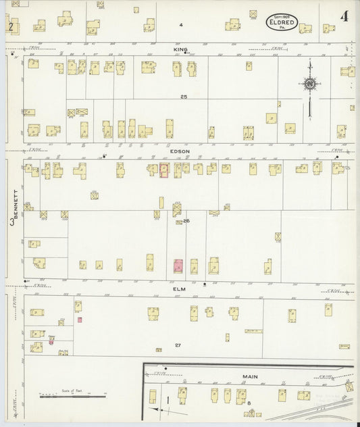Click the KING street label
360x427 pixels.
tap(180, 49)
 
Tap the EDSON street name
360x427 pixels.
tap(180, 151)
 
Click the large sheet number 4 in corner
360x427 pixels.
tap(344, 16)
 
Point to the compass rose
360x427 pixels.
tap(310, 84)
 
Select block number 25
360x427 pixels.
tap(183, 97)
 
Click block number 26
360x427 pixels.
tap(186, 221)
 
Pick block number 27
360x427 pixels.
tap(178, 345)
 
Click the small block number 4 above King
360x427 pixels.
tap(181, 25)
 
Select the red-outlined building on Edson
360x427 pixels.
tap(163, 170)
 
